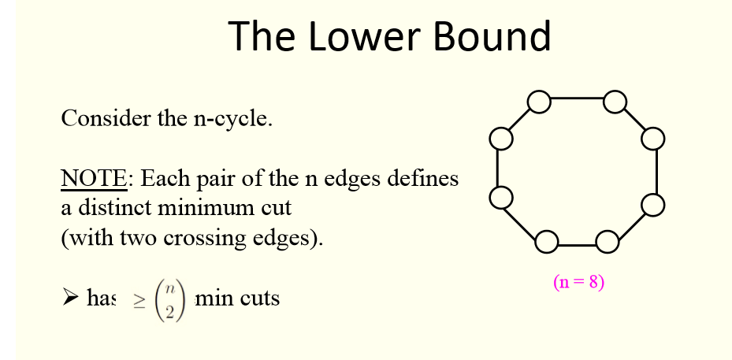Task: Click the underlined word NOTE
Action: pos(93,179)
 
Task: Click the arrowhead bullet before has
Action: pos(70,299)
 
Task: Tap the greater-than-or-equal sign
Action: pos(139,300)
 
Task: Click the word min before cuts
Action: pos(212,299)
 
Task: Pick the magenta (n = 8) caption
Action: pos(579,282)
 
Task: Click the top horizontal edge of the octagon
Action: pos(577,99)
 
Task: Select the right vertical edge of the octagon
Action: pos(656,172)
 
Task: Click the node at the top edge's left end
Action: pos(539,102)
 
